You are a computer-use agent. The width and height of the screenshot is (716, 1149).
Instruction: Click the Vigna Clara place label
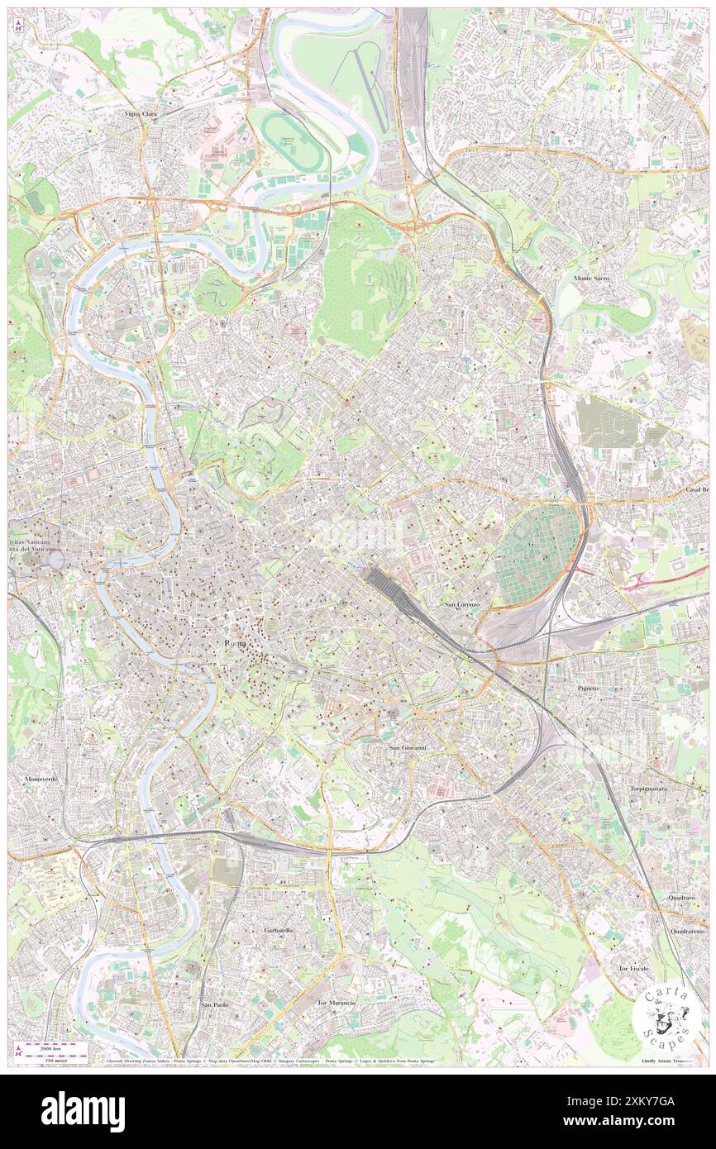141,113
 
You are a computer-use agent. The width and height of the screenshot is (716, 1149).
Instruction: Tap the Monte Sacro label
592,279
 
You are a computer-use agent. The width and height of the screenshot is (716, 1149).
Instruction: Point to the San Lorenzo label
462,605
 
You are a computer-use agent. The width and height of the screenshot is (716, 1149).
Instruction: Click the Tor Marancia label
336,1003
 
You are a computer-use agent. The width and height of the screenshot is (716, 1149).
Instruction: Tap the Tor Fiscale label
656,968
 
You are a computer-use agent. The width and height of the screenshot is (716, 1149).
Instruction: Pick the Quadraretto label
688,931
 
